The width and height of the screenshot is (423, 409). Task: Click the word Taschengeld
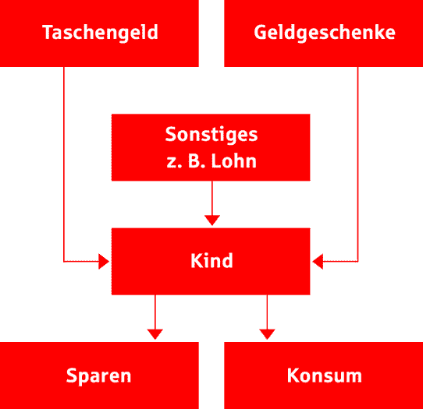(x=100, y=33)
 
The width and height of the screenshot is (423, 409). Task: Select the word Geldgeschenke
(x=325, y=33)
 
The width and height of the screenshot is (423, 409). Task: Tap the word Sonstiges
(x=211, y=135)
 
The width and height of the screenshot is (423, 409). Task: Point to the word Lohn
(x=233, y=161)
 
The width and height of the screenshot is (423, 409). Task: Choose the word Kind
(x=211, y=260)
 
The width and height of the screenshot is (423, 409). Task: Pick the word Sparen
(x=99, y=376)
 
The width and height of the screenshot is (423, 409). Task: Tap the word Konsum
(x=324, y=375)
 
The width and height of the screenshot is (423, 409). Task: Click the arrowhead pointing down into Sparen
(x=155, y=334)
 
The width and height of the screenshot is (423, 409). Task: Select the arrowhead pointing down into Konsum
(x=267, y=334)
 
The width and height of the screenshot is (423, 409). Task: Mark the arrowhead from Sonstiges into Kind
(x=212, y=220)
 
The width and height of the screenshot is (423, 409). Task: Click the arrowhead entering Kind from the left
(x=104, y=261)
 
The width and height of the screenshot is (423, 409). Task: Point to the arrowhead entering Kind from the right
(x=318, y=261)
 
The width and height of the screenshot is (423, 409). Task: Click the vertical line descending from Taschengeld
(x=64, y=164)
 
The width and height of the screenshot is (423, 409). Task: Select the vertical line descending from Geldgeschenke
(x=358, y=164)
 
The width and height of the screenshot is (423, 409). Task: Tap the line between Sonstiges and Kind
(x=212, y=198)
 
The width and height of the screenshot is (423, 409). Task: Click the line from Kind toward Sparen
(x=155, y=312)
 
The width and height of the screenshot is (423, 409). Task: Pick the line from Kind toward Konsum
(x=267, y=312)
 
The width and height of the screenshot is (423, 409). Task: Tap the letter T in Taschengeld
(x=48, y=32)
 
